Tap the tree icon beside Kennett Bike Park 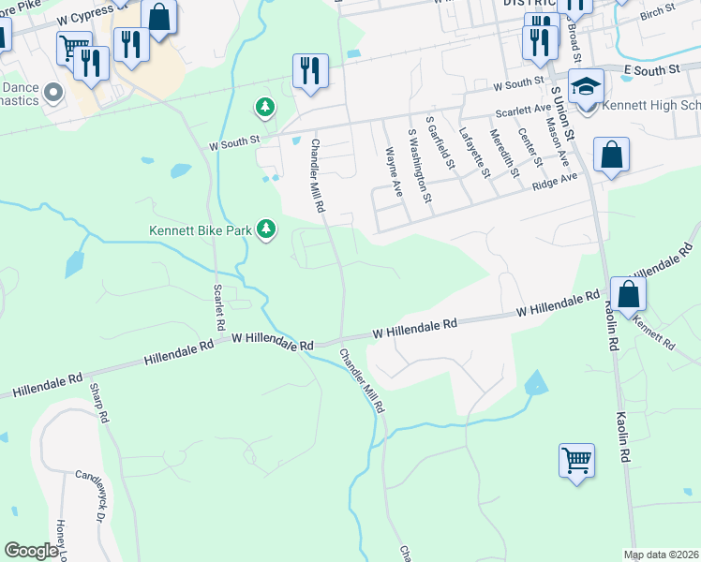coord(267,229)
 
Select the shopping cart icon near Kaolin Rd coord(577,460)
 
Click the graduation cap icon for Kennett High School coord(587,88)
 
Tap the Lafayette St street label coord(472,153)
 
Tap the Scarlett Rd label coord(219,305)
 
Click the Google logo coord(31,551)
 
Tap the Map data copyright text coord(660,555)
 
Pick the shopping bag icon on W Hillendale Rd coord(628,293)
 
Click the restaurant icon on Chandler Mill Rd coord(309,71)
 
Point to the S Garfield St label coord(440,144)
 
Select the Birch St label coord(658,8)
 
